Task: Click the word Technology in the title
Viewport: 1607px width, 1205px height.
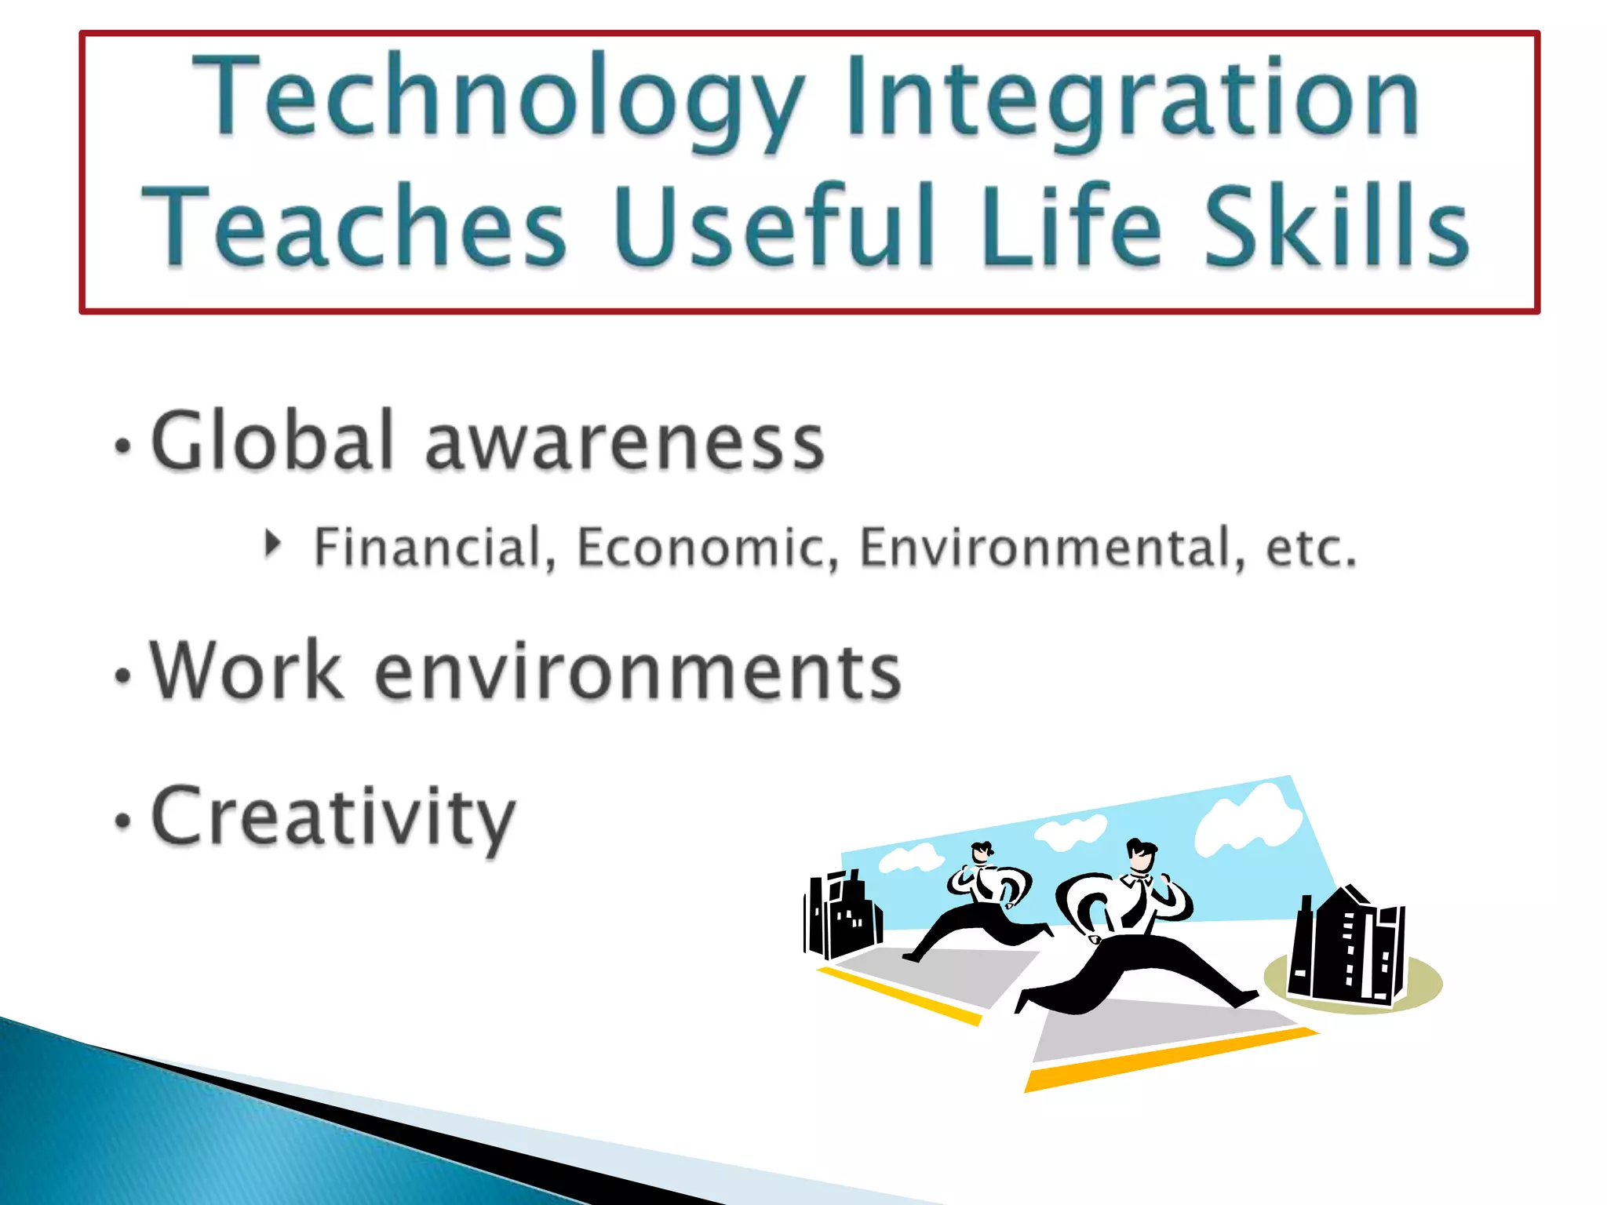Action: point(499,98)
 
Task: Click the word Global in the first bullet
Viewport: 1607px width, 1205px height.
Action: point(271,442)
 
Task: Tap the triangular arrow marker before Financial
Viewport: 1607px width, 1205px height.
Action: point(272,544)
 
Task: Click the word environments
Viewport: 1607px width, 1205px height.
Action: point(638,672)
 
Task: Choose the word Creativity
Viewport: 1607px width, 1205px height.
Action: point(333,817)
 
